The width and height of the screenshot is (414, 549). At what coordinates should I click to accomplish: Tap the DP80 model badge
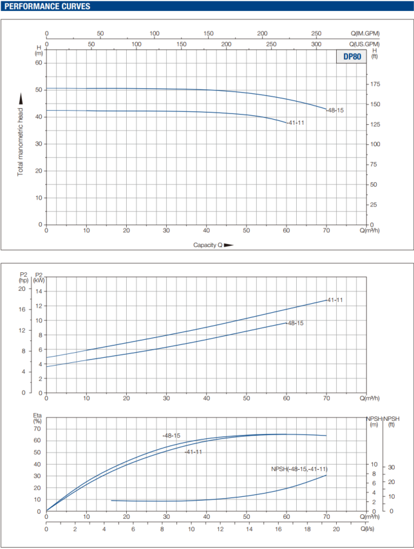point(352,57)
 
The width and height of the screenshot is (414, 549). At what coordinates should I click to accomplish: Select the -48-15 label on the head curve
point(335,110)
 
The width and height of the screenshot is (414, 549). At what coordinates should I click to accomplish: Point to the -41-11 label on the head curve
point(296,123)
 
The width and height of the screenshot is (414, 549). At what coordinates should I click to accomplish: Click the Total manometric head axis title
point(21,135)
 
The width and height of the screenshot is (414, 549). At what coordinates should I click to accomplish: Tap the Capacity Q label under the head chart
point(208,245)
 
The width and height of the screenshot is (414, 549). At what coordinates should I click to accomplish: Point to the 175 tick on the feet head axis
point(375,84)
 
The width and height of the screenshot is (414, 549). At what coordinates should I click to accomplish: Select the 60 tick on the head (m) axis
point(38,62)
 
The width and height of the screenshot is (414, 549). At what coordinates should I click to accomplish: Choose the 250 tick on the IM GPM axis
point(316,33)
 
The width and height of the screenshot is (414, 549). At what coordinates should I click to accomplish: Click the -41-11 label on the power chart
point(335,300)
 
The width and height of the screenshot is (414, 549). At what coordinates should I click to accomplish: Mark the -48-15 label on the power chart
point(295,323)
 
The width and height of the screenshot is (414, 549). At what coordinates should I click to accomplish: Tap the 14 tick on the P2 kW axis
point(38,292)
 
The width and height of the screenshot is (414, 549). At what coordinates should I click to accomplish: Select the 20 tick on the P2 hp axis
point(21,289)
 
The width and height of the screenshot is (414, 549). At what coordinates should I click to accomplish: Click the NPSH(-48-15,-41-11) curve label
point(299,470)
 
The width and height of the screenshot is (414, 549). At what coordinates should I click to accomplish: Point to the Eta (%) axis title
point(37,420)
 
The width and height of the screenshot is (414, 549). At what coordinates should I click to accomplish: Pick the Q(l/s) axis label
point(368,528)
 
